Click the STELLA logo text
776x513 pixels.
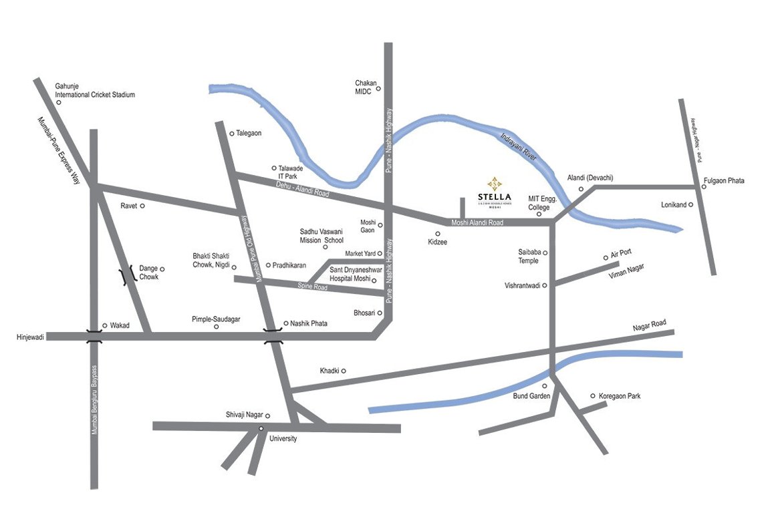click(x=494, y=196)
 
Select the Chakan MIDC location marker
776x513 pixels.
click(x=378, y=88)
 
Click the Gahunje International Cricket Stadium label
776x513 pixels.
click(x=95, y=90)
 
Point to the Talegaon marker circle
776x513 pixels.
click(x=232, y=134)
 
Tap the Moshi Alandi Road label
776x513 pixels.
click(x=477, y=222)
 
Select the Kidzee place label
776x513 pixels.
click(x=438, y=242)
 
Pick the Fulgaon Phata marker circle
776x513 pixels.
click(x=704, y=186)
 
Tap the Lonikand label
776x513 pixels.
click(x=673, y=205)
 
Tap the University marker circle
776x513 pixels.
click(x=261, y=428)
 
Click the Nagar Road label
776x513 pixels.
click(x=650, y=325)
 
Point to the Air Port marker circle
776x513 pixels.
click(x=606, y=257)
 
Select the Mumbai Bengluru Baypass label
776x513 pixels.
click(x=94, y=400)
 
